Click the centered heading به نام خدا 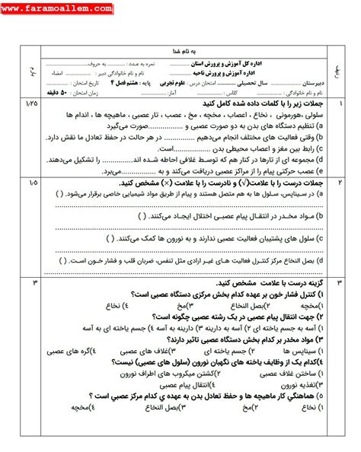tap(181, 46)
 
